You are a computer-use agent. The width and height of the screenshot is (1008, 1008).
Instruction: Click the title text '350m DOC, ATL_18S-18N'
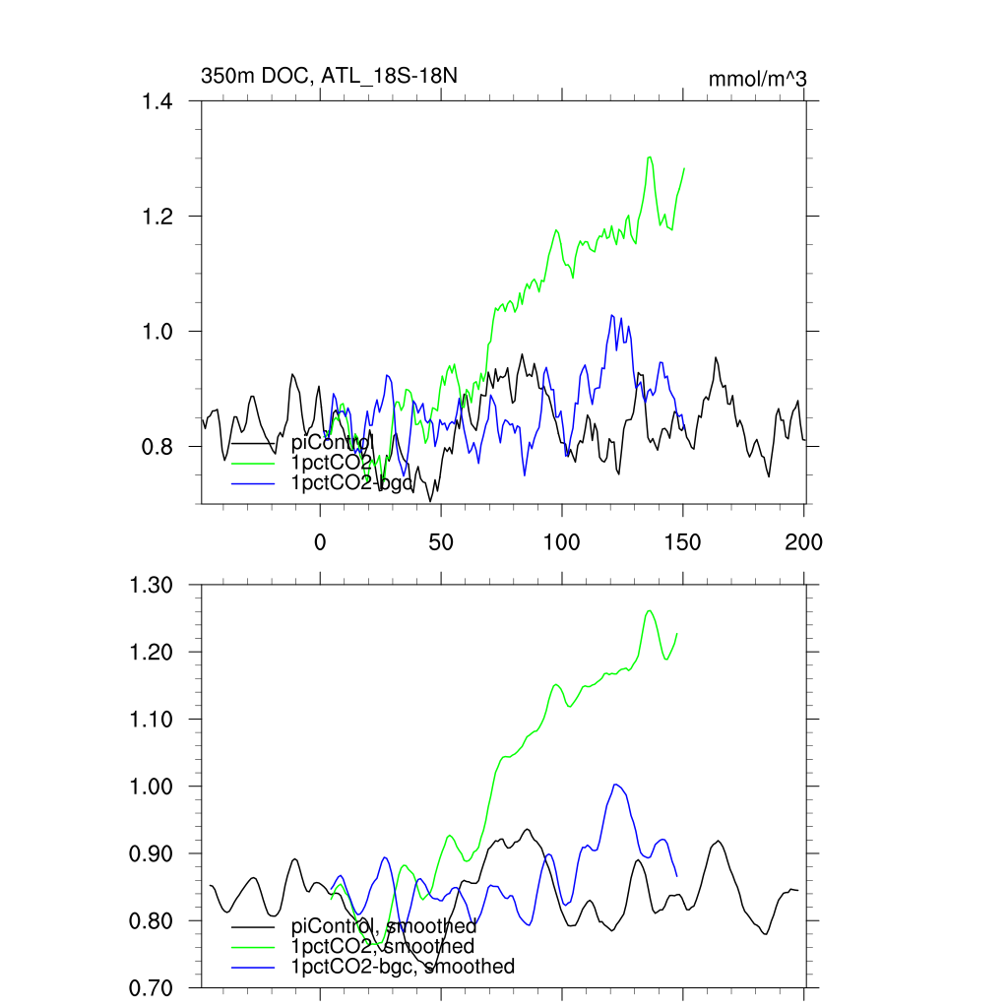[330, 76]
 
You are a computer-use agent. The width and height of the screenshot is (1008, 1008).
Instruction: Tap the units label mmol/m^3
[758, 78]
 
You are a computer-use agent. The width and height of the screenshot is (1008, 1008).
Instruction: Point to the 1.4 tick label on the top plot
[157, 101]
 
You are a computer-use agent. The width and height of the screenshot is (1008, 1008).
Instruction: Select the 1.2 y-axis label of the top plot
[157, 217]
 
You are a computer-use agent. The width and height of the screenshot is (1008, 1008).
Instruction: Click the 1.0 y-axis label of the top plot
[157, 332]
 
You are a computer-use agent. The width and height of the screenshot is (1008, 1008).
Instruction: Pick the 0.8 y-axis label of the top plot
[157, 447]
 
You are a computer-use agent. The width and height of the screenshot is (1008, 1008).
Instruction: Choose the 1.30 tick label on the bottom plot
[151, 585]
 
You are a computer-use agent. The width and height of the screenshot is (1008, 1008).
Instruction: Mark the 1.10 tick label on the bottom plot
[151, 720]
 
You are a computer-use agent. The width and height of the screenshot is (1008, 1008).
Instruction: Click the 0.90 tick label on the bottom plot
[151, 853]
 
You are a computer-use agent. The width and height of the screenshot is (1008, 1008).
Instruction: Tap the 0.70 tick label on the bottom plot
[151, 987]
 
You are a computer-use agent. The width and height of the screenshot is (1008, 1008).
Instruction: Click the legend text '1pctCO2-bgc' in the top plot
[346, 482]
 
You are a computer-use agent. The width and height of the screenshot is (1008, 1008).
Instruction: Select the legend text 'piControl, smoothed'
[384, 925]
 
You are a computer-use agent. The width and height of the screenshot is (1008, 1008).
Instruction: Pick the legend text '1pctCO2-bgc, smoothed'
[403, 967]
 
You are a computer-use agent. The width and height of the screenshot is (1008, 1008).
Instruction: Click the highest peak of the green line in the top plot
[649, 157]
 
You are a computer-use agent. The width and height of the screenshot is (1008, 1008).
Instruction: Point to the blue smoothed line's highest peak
[616, 785]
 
